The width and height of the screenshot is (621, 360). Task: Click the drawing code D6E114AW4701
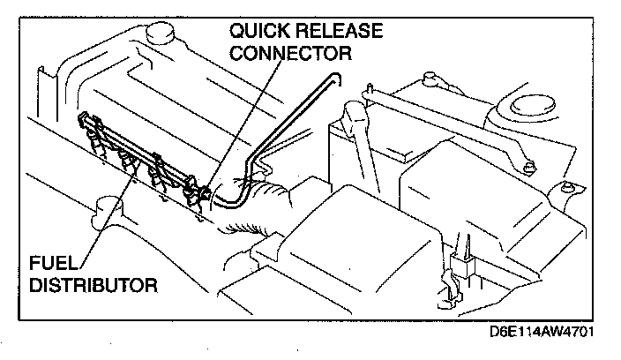click(548, 336)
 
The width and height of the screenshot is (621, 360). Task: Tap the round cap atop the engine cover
click(162, 33)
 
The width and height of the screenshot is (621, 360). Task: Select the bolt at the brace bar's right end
click(528, 165)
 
